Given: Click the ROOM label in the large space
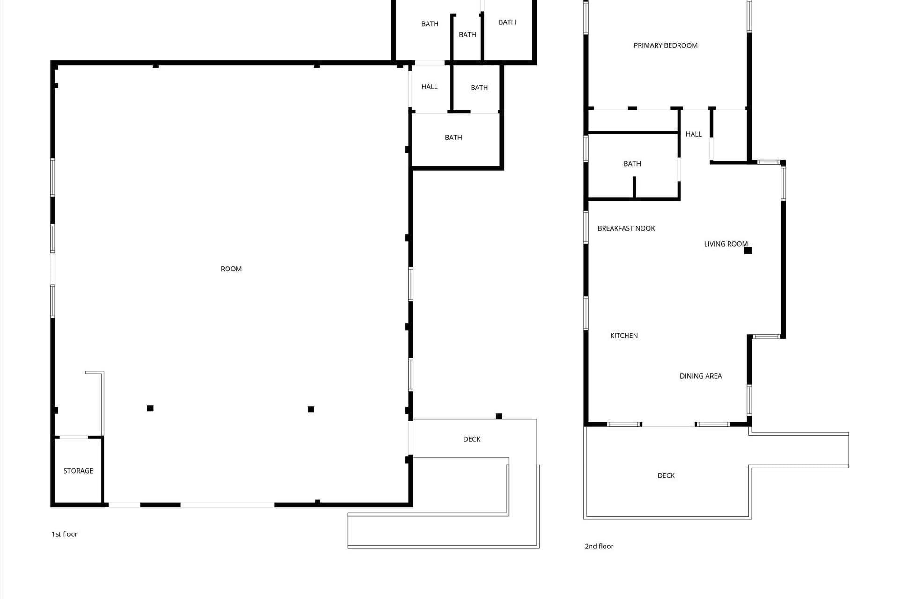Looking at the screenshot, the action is (231, 269).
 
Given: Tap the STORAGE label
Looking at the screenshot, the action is (78, 471).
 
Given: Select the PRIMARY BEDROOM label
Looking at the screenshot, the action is (665, 45).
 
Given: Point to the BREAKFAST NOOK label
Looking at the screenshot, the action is (626, 228).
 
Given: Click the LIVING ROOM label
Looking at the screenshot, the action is (726, 244).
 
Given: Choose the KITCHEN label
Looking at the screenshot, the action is (624, 336).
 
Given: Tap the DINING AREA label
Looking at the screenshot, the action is (700, 376).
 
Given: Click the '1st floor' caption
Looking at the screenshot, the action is (65, 534).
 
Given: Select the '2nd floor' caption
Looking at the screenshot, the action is (599, 546).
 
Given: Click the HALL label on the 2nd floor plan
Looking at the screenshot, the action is (693, 134).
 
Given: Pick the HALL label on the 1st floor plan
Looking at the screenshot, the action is (429, 87).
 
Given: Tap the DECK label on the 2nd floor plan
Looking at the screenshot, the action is (666, 475).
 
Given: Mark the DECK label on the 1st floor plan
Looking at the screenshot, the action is (472, 439).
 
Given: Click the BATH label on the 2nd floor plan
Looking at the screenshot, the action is (632, 164).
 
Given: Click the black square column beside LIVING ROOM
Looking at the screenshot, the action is (748, 250).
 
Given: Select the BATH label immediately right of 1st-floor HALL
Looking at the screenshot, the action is (479, 88).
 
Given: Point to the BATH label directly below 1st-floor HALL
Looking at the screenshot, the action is (453, 138).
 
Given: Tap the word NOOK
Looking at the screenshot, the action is (645, 228).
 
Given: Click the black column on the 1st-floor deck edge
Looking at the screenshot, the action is (499, 416).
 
